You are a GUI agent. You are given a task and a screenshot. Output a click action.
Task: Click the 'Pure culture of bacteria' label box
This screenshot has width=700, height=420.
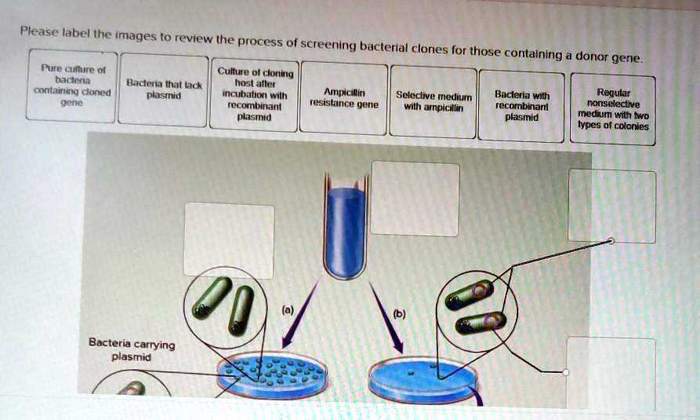click(71, 86)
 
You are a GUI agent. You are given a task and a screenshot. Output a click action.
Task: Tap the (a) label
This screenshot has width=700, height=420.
click(288, 310)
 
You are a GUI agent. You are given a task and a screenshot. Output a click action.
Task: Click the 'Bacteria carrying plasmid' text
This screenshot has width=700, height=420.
click(131, 349)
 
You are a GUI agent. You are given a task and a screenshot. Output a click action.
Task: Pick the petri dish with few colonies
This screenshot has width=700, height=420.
click(423, 378)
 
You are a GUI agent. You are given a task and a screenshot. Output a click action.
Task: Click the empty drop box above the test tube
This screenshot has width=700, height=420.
click(415, 198)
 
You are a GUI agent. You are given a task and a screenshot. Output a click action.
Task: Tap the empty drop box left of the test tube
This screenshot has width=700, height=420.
click(228, 239)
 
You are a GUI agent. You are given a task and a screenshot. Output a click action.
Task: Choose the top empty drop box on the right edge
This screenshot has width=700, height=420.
click(611, 206)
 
